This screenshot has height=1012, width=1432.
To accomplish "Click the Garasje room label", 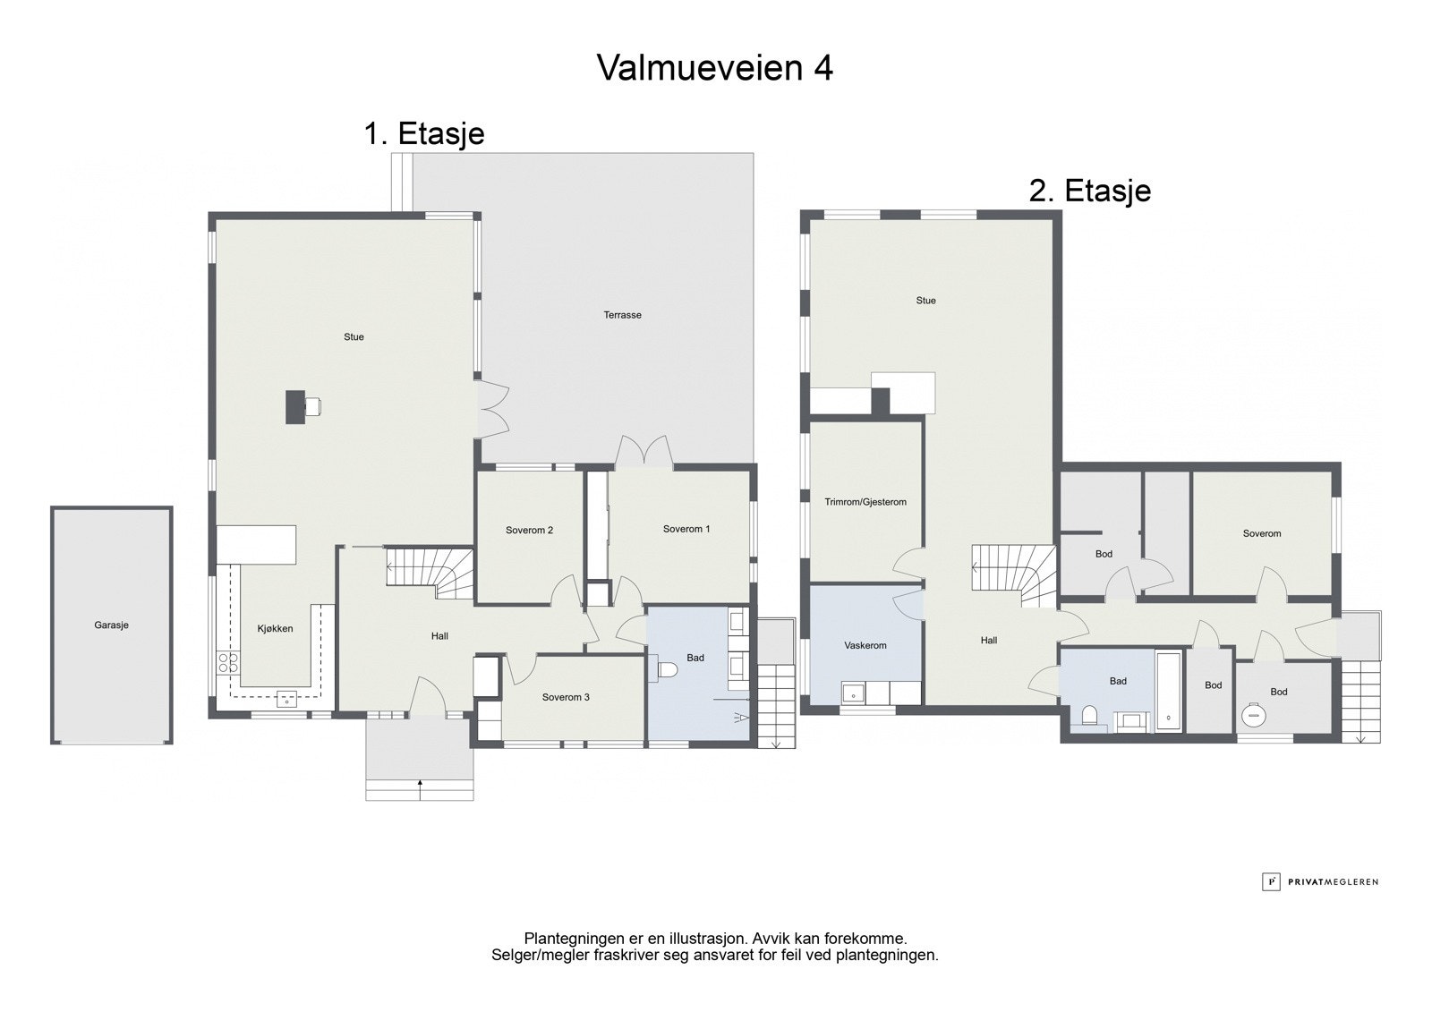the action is (x=111, y=625).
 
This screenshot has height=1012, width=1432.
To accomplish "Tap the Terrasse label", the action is (x=622, y=315).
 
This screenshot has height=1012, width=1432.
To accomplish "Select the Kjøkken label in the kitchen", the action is (x=275, y=628).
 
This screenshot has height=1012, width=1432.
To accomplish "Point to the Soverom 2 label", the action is (x=529, y=530).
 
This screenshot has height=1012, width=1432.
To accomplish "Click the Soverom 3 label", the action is (x=566, y=697).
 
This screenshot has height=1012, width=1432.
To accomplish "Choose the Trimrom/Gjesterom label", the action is (x=865, y=502).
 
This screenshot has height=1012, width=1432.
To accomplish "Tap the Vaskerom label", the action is (x=865, y=646).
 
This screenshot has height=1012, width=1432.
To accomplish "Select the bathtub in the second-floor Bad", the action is (x=1169, y=691).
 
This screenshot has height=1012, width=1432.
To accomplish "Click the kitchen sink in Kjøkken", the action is (x=287, y=699).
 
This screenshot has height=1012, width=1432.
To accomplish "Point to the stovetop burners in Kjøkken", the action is (x=227, y=661).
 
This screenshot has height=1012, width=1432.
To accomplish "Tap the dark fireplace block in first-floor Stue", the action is (x=294, y=406).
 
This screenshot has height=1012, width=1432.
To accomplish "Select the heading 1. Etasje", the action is (x=424, y=133).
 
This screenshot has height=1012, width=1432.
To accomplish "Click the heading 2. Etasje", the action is (x=1089, y=191).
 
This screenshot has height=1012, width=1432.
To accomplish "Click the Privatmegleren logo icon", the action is (x=1271, y=881).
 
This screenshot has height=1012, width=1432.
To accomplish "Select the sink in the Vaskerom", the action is (x=853, y=693).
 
